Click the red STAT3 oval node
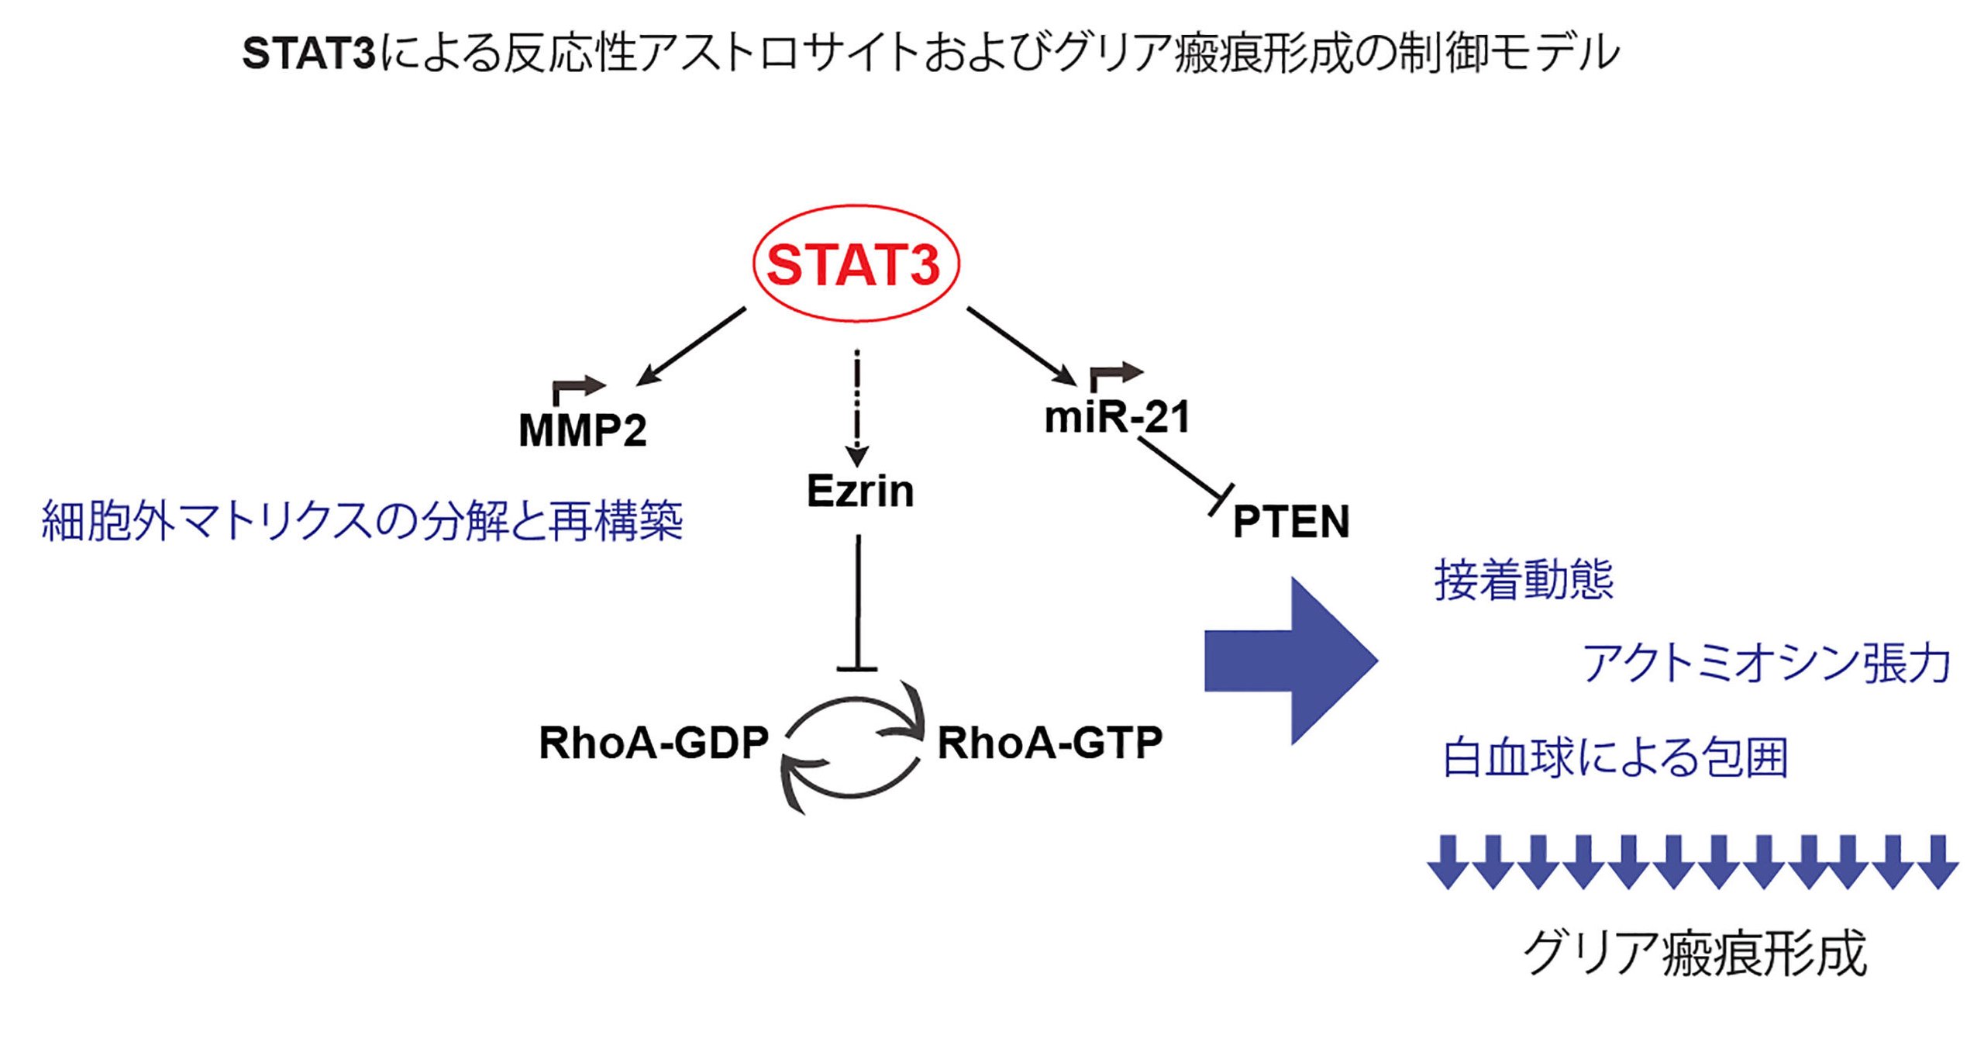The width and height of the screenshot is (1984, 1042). pos(855,264)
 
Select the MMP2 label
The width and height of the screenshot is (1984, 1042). pos(582,430)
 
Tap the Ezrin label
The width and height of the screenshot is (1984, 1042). pos(859,491)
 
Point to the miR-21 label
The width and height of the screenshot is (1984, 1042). pos(1116,417)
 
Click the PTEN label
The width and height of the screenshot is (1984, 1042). pos(1291,521)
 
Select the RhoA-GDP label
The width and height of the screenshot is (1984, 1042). pos(653,743)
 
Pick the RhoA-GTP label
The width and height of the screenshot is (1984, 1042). pos(1049,743)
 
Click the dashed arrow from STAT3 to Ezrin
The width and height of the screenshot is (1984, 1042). pos(857,403)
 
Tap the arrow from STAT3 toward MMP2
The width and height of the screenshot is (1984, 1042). pos(690,347)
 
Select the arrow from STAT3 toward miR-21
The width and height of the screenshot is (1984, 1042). pos(1021,346)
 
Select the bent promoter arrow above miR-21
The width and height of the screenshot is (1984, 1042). pos(1114,374)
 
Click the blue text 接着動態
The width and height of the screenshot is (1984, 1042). pos(1524,580)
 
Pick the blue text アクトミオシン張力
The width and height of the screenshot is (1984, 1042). pos(1765,664)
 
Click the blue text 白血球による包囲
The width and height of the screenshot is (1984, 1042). pos(1615,757)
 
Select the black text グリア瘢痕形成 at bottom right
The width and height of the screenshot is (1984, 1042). pos(1694,953)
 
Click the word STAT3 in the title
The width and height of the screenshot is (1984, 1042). pos(308,54)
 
